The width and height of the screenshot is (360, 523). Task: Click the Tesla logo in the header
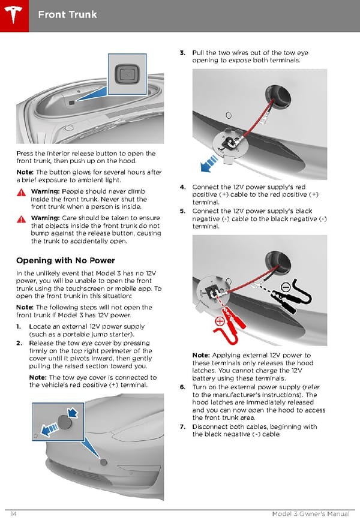(x=14, y=13)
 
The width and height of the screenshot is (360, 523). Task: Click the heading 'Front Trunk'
(x=67, y=14)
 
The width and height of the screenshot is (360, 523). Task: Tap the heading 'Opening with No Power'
(x=65, y=260)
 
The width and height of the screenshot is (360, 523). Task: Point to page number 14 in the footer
(x=13, y=515)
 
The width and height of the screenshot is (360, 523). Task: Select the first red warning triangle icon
(x=22, y=193)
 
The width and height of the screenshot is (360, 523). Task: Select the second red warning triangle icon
(x=22, y=218)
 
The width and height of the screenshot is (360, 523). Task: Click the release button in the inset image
(x=128, y=74)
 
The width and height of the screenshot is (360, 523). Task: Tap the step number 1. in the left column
(x=20, y=327)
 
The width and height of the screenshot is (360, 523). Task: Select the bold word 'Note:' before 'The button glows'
(x=25, y=172)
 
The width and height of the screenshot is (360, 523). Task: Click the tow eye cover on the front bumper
(x=104, y=462)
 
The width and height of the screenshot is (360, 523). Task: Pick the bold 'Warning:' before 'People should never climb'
(x=45, y=192)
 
